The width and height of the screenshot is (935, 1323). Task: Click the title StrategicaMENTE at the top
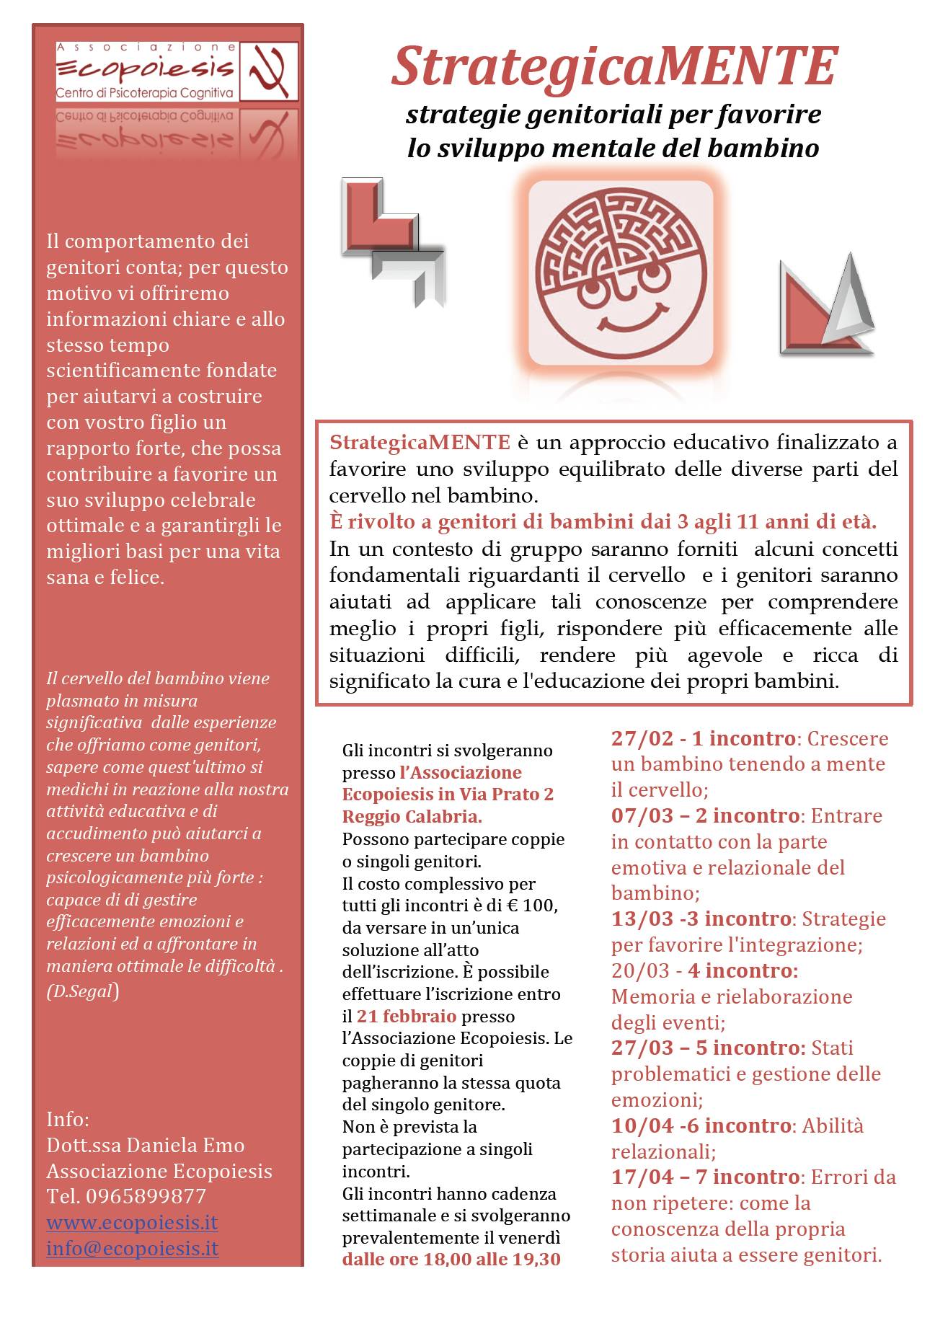[x=613, y=66]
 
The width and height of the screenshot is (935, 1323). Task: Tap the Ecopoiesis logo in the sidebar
[x=177, y=71]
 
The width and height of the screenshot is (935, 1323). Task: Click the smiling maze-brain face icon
[x=620, y=270]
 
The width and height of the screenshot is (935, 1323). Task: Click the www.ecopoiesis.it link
[x=132, y=1222]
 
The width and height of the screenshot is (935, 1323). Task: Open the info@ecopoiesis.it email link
[x=132, y=1248]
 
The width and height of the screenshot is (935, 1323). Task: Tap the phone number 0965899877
[x=146, y=1196]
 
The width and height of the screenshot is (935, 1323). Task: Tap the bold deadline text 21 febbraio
[x=407, y=1016]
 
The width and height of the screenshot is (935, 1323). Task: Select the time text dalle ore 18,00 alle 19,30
[x=451, y=1260]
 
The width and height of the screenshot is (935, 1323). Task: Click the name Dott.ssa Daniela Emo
[x=146, y=1145]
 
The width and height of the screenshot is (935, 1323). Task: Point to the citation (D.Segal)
[x=82, y=991]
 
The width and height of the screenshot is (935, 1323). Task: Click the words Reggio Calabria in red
[x=412, y=817]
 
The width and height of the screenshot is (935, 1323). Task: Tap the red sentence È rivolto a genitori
[x=603, y=521]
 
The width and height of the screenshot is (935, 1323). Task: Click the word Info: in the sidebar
[x=68, y=1119]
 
